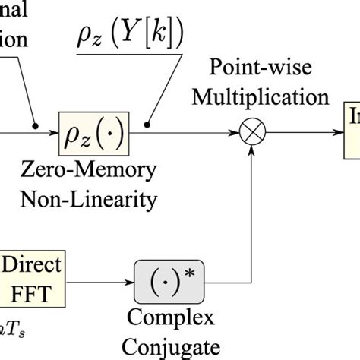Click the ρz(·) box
click(x=95, y=134)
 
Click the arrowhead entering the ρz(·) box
click(x=55, y=134)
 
